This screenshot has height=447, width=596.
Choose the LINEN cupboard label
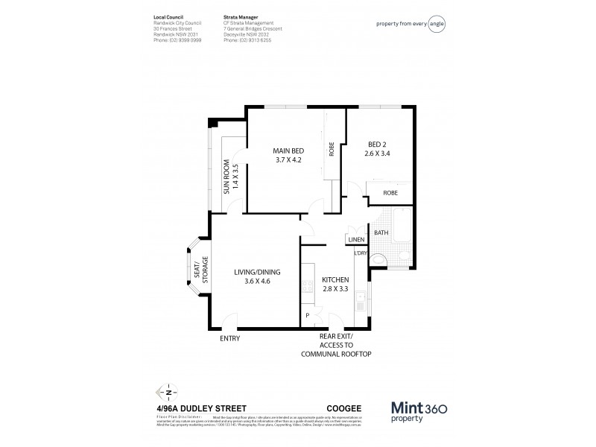click(355, 240)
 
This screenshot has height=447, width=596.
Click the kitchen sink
click(361, 302)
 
